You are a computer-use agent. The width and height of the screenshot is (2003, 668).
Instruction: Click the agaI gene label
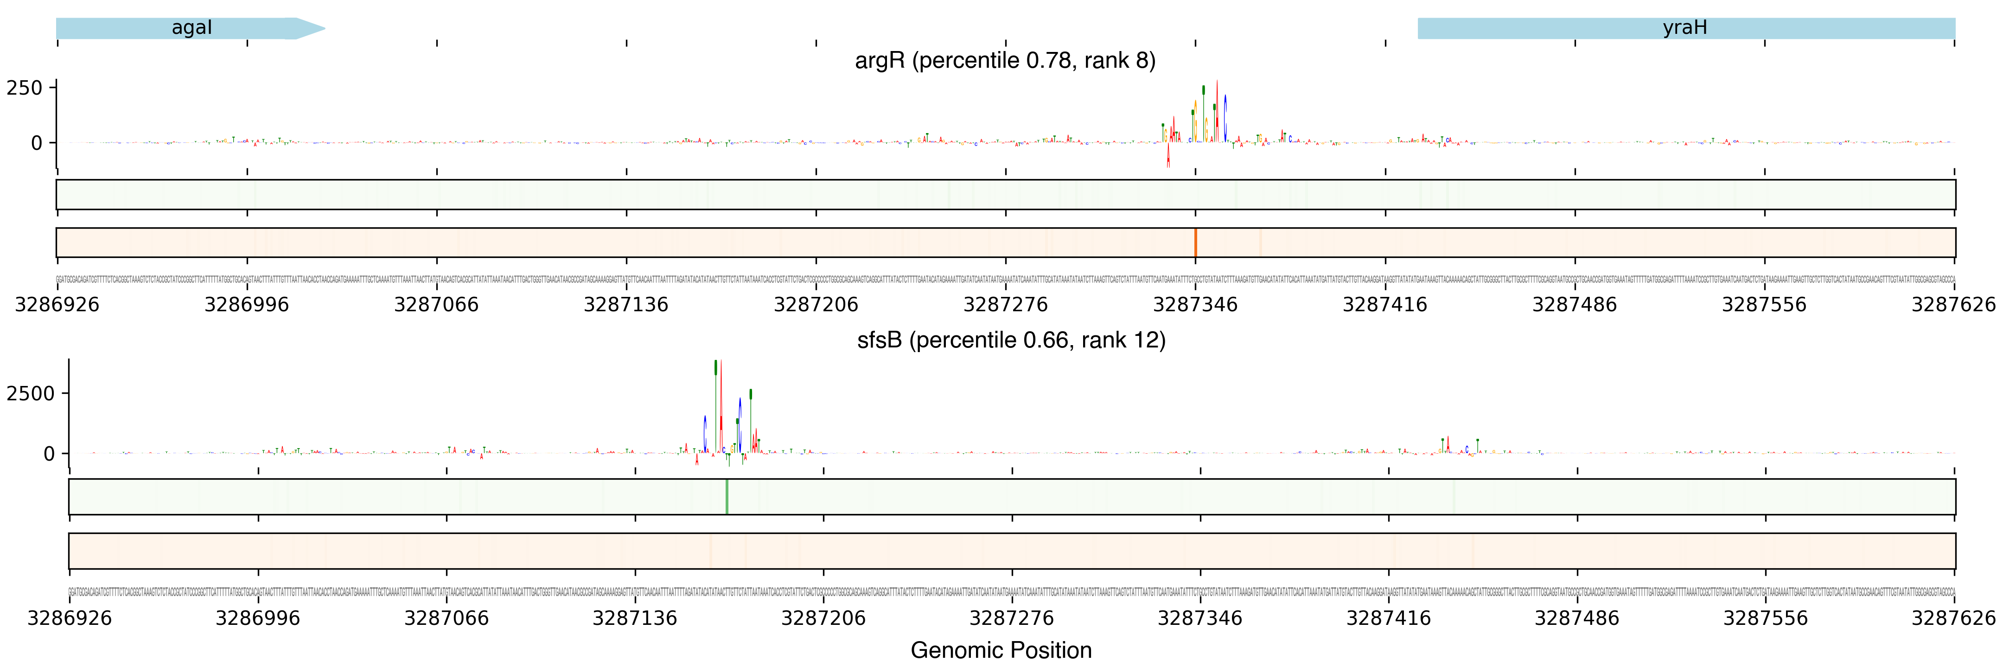[191, 28]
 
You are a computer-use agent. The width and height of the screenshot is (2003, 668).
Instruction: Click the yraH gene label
[1684, 28]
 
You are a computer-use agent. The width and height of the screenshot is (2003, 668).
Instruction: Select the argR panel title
[1005, 61]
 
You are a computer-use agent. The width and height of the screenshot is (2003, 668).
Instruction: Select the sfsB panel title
[1011, 340]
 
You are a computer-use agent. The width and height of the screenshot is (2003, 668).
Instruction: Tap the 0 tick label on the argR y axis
[37, 143]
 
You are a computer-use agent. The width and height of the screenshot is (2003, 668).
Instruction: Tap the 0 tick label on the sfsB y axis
[49, 453]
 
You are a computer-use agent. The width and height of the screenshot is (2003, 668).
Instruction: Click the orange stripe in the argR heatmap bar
[1195, 243]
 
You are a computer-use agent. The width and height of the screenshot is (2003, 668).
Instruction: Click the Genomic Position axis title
[1001, 650]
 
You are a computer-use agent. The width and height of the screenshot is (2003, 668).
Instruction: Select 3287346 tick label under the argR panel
[1195, 304]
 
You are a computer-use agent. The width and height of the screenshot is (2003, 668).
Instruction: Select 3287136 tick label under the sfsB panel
[634, 618]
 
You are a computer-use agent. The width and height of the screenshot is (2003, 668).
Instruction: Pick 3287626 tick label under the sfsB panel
[1953, 618]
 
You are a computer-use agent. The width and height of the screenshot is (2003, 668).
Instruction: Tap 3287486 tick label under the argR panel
[1575, 304]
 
